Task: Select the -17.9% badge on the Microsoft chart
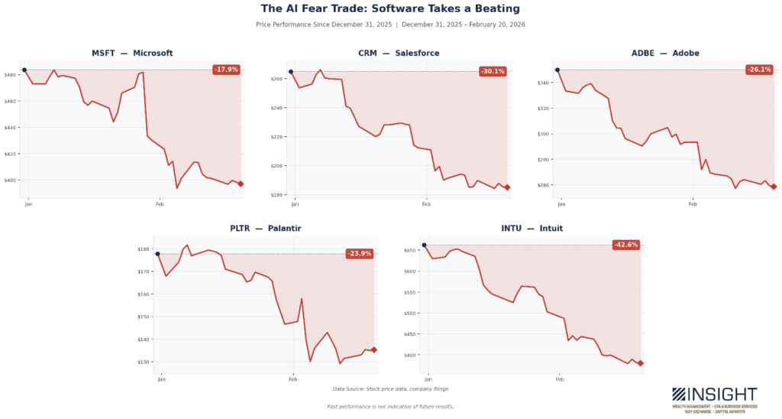pos(226,70)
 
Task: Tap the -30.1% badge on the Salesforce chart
pos(493,72)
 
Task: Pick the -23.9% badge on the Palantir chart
pos(359,254)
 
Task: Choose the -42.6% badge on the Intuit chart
pos(625,245)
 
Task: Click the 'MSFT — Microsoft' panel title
pos(132,53)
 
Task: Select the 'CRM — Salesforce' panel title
pos(399,53)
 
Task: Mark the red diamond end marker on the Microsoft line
pos(241,184)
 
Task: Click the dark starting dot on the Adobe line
pos(557,70)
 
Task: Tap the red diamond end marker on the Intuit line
pos(641,363)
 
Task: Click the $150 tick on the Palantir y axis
pos(144,317)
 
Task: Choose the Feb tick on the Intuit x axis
pos(560,379)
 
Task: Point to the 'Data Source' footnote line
pos(390,389)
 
